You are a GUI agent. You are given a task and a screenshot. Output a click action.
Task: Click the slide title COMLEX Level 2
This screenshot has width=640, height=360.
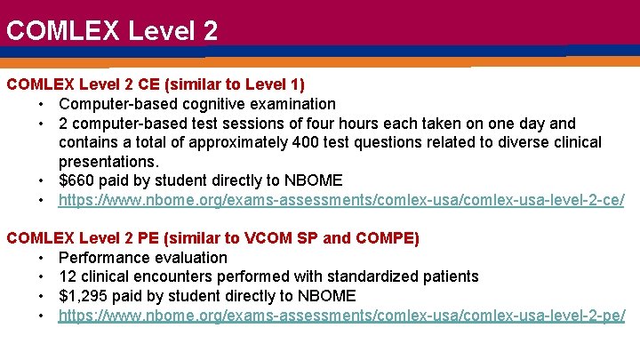click(x=111, y=31)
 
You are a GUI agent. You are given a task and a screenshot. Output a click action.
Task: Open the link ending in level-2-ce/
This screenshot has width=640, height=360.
click(x=341, y=201)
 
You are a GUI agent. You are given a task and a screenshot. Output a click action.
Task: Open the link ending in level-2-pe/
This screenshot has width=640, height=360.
click(x=341, y=316)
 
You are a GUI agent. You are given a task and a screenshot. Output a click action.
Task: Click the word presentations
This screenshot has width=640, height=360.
click(x=108, y=162)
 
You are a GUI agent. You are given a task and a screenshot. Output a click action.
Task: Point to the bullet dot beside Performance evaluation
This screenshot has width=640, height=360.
click(x=43, y=259)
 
